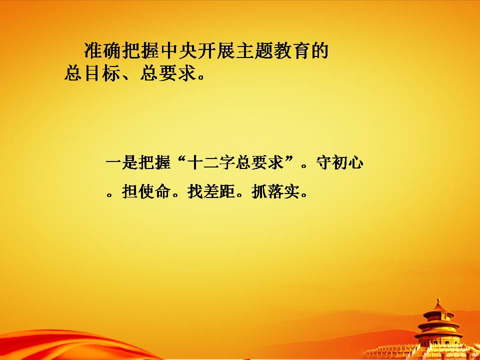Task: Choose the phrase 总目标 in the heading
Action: [92, 73]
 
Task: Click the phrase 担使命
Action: [146, 191]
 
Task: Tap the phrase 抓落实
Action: [276, 191]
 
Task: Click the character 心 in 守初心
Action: [355, 162]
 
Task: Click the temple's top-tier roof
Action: [438, 313]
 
